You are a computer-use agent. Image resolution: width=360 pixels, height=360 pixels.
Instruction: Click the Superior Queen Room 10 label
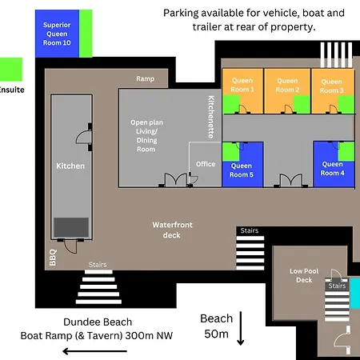point(57,34)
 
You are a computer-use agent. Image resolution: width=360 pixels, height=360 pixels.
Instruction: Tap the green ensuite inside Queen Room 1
point(231,104)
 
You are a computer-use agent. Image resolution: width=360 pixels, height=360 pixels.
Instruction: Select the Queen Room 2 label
point(287,85)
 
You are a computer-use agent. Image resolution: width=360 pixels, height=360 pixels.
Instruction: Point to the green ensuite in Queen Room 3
point(346,105)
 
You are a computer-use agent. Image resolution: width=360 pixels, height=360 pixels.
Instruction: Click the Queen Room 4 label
point(332,169)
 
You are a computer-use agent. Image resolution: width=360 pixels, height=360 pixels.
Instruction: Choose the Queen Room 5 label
point(242,170)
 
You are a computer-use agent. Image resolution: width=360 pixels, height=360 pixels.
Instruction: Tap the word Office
point(206,164)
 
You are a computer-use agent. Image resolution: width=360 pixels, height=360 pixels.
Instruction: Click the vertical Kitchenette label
point(211,117)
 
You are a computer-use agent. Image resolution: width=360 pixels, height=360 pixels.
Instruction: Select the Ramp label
point(145,78)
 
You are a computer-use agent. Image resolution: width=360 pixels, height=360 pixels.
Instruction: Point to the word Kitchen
point(70,166)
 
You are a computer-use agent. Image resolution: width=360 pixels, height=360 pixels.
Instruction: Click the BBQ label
point(53,258)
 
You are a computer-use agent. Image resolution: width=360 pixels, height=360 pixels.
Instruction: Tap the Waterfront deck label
point(172,230)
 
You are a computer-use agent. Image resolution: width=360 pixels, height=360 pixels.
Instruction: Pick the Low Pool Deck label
point(304,275)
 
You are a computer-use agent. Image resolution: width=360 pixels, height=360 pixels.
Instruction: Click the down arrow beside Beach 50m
point(241,328)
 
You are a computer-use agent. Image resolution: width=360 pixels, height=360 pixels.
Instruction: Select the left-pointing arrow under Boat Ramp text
point(94,351)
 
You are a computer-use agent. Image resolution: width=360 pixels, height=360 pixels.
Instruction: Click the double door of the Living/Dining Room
point(175,180)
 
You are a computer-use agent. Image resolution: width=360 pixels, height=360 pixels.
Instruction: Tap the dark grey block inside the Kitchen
point(71,227)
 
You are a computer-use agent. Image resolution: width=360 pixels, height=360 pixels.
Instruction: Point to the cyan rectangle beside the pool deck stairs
point(355,294)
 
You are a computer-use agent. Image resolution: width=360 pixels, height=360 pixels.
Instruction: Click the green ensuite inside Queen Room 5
point(231,152)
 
